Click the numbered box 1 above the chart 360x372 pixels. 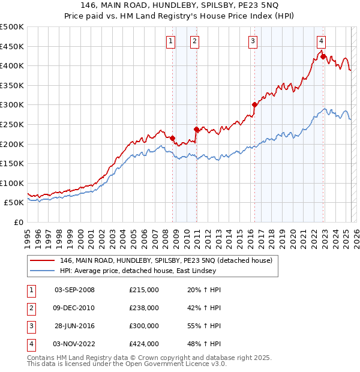coord(171,41)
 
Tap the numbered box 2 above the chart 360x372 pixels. coord(195,41)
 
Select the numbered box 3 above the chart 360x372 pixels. coord(253,41)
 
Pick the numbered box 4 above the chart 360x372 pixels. coord(322,41)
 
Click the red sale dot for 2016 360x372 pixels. coord(254,105)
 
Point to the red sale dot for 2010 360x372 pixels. coord(196,129)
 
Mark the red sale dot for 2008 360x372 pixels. coord(172,138)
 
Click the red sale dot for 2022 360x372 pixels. coord(323,57)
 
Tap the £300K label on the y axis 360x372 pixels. coord(12,105)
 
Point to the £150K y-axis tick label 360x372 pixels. coord(12,163)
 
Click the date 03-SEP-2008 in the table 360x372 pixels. coord(74,290)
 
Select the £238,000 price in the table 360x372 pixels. coord(144,308)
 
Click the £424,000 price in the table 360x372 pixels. coord(144,344)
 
